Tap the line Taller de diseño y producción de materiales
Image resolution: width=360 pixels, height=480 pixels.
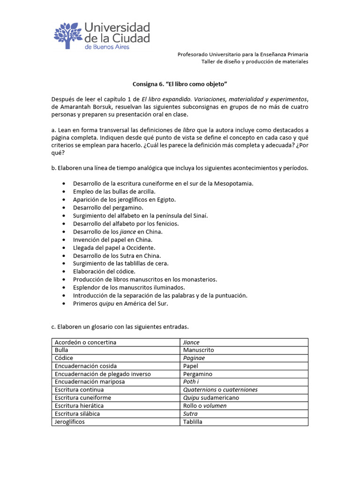click(255, 62)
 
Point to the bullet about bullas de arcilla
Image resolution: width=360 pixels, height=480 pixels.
click(114, 191)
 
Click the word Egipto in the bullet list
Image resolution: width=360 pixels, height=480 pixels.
click(166, 199)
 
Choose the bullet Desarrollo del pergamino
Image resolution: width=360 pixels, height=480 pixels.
click(108, 207)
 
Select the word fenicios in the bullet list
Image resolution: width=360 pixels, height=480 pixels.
click(166, 223)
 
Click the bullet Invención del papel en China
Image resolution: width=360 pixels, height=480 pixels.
click(112, 240)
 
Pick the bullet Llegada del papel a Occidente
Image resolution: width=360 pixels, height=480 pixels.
click(114, 247)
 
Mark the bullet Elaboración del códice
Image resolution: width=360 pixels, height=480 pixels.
click(104, 271)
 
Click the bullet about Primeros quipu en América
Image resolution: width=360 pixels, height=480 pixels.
click(120, 303)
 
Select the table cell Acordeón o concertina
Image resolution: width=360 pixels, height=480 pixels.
click(85, 342)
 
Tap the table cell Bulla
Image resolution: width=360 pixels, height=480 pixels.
click(61, 350)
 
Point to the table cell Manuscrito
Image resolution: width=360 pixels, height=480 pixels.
click(199, 350)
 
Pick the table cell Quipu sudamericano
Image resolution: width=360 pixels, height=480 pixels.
click(211, 397)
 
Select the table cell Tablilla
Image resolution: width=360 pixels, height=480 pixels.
click(193, 421)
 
